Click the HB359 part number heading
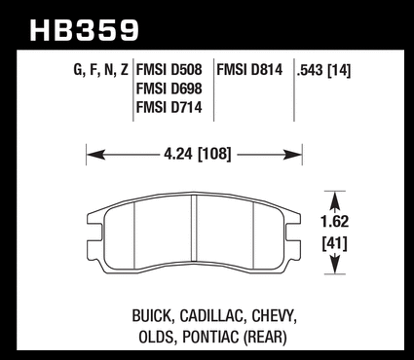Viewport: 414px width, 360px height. (x=84, y=30)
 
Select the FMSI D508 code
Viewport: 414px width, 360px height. (x=169, y=70)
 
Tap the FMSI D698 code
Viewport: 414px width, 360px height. (x=169, y=89)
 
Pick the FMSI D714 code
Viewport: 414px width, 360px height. (x=169, y=107)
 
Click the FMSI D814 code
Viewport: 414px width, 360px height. (x=249, y=70)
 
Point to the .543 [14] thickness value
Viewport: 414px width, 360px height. (x=323, y=70)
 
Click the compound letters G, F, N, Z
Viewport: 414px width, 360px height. (x=101, y=70)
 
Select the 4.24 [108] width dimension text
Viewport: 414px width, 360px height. (x=198, y=154)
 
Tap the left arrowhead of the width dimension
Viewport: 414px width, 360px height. (x=95, y=155)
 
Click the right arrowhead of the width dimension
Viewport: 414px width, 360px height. (x=292, y=155)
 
